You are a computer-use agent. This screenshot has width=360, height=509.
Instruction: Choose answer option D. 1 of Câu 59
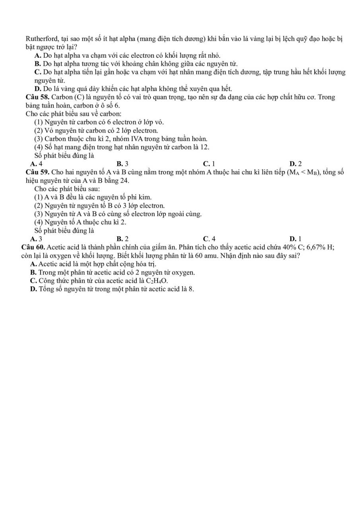coord(296,239)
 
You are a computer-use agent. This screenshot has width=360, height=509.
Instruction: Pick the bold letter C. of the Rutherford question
coord(38,72)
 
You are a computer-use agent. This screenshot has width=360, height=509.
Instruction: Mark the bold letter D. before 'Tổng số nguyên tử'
coord(34,289)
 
